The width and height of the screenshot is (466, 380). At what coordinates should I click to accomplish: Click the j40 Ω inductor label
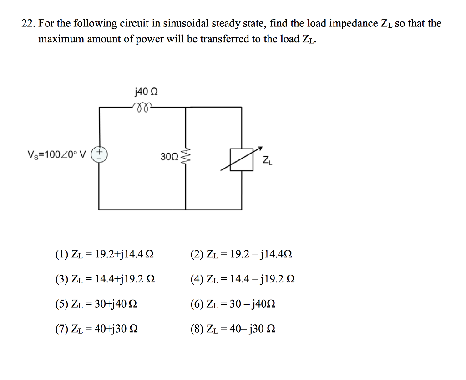click(146, 92)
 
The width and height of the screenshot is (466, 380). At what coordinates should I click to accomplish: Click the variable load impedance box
click(241, 159)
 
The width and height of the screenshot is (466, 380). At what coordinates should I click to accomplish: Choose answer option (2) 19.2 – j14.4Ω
click(241, 254)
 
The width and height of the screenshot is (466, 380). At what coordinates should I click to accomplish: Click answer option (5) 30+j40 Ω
click(96, 303)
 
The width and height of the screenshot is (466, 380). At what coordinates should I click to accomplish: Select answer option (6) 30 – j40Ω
click(233, 303)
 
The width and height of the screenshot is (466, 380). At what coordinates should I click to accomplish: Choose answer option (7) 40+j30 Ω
click(96, 328)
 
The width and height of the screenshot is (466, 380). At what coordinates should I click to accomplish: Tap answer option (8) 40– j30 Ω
click(233, 328)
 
